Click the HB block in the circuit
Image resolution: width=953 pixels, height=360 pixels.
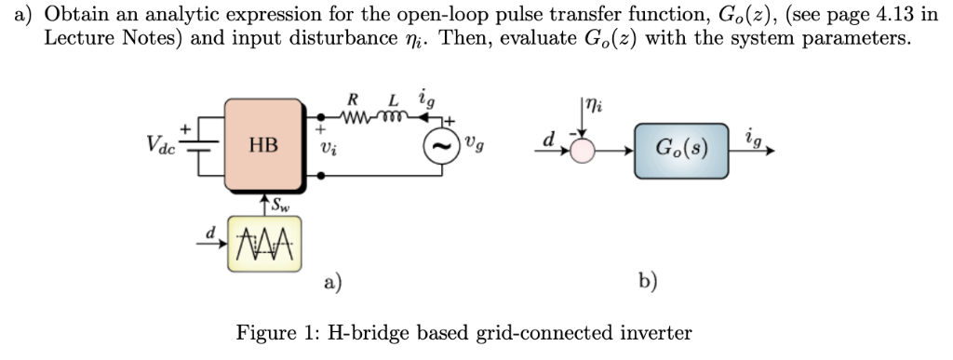tap(264, 145)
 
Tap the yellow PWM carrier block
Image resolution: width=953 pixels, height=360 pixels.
tap(262, 246)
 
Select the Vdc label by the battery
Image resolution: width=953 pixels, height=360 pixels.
tap(164, 146)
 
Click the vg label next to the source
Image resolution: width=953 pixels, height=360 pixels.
tap(475, 146)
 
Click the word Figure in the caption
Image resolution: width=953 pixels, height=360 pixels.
tap(266, 332)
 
